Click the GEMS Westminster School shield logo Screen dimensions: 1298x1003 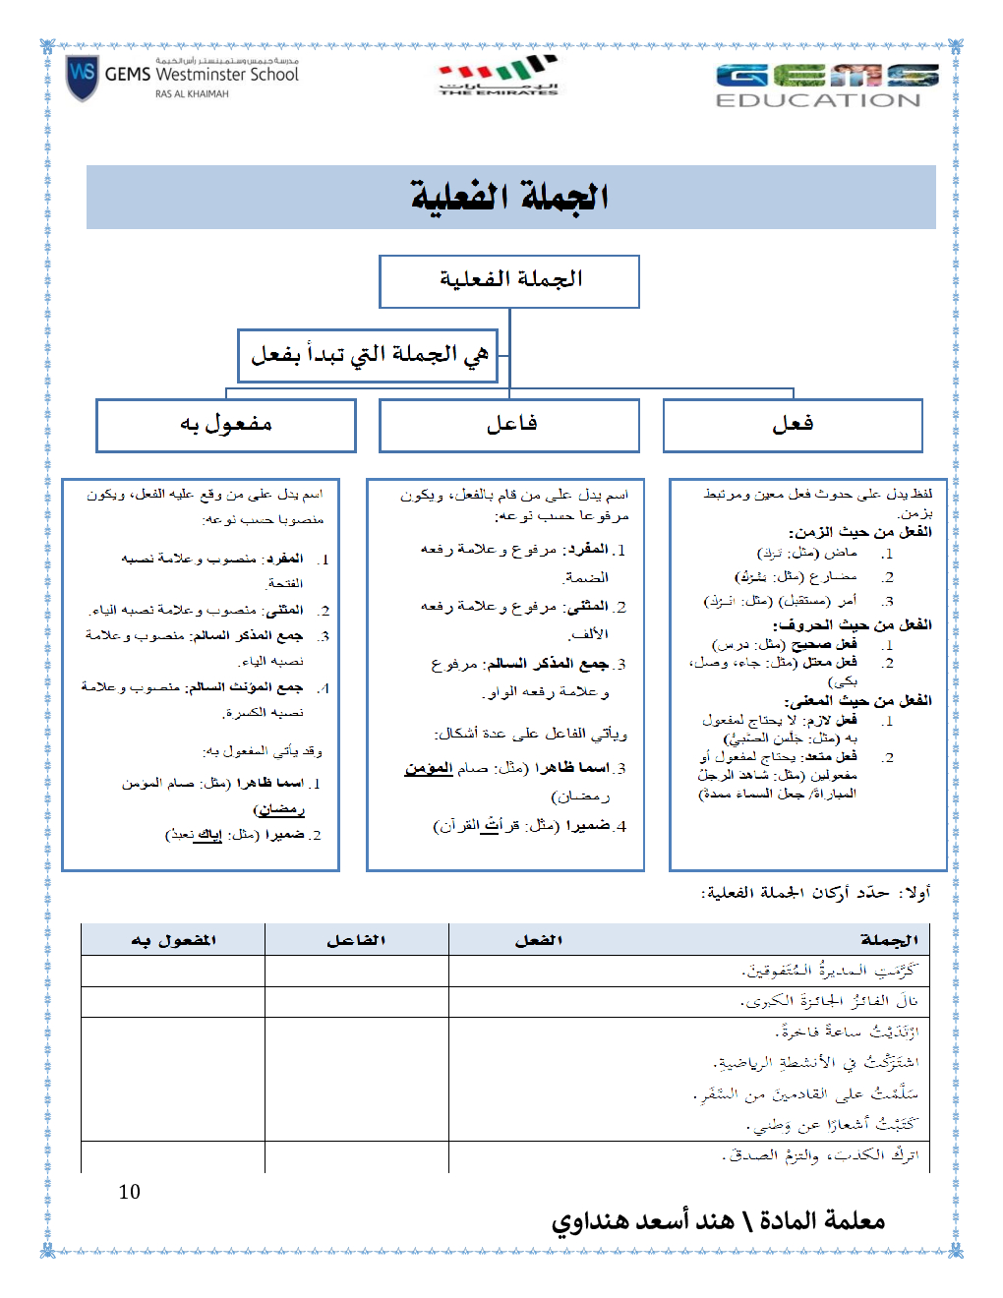click(x=82, y=78)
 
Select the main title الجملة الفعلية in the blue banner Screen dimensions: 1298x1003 click(x=509, y=198)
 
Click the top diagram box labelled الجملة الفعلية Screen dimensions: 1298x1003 click(x=509, y=281)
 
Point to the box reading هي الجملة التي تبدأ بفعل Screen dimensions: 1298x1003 click(x=369, y=355)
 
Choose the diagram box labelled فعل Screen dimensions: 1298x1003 click(x=793, y=425)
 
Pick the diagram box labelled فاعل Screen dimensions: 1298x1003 click(x=509, y=425)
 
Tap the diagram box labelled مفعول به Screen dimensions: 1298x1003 click(x=226, y=425)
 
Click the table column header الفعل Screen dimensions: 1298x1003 click(x=539, y=940)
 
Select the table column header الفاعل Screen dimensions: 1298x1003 click(x=356, y=940)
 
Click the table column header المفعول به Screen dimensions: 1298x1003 click(x=173, y=940)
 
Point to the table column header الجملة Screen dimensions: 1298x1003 click(x=889, y=940)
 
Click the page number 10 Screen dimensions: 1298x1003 click(x=130, y=1192)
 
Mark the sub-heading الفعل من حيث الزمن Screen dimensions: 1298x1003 click(x=859, y=532)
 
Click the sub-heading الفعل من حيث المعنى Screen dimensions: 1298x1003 click(x=857, y=701)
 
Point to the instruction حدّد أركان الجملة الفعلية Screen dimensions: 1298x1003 click(x=796, y=893)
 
